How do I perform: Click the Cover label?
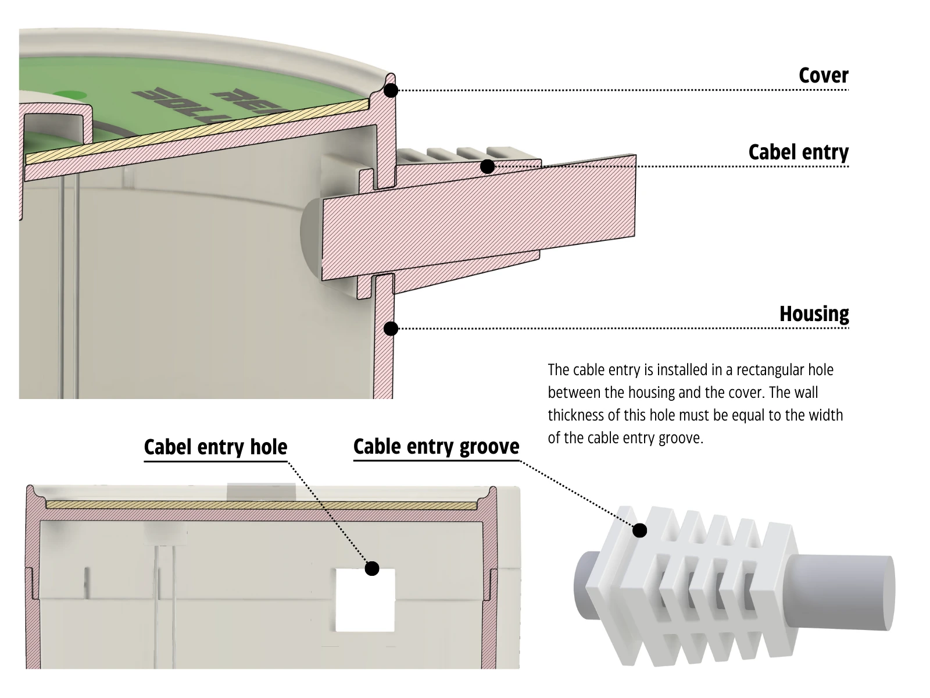pos(823,76)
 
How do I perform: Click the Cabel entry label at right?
pos(798,152)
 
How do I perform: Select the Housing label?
pos(814,314)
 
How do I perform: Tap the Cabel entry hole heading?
pos(216,447)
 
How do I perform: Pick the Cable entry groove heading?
pos(436,447)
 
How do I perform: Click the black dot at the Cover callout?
pos(391,90)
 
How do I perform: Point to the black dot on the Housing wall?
pos(391,329)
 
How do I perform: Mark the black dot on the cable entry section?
pos(488,167)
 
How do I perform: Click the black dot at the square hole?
pos(372,568)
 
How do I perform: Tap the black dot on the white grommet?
pos(640,530)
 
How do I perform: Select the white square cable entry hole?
pos(365,605)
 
